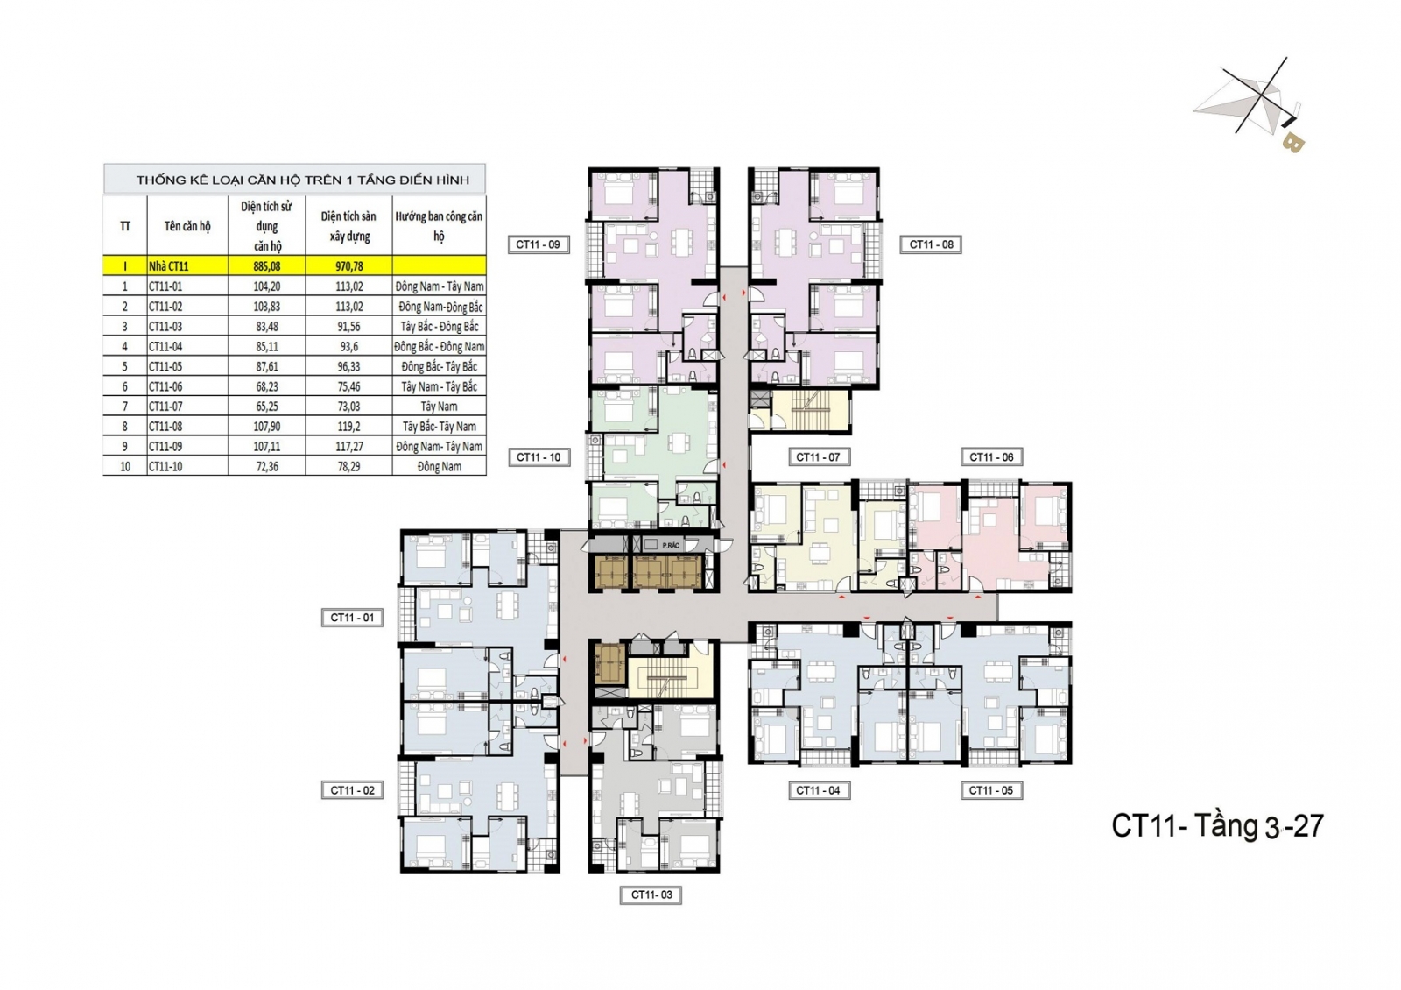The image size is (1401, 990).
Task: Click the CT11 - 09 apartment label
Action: click(x=538, y=244)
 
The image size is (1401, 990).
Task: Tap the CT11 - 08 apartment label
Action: click(x=931, y=244)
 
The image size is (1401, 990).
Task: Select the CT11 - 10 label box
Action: click(x=538, y=457)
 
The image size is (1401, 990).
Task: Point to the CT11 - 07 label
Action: click(x=818, y=457)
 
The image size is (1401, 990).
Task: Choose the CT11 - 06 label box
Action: click(x=991, y=457)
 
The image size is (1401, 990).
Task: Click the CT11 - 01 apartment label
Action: click(x=352, y=618)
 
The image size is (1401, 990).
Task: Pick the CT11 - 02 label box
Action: click(x=352, y=790)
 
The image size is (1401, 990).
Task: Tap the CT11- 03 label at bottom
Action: click(x=651, y=895)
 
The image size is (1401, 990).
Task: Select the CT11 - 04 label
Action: click(x=818, y=790)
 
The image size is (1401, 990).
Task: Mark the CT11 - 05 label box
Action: click(x=991, y=790)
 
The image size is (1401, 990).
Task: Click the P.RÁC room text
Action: click(x=671, y=546)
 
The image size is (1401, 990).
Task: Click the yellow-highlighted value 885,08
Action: click(x=267, y=266)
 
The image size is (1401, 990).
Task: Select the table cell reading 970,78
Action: click(x=349, y=266)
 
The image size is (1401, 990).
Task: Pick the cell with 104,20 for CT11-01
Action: click(x=267, y=286)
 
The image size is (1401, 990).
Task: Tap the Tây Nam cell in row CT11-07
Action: click(x=439, y=407)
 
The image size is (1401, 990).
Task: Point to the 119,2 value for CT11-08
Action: click(x=349, y=426)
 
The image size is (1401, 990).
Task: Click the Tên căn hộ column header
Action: click(x=187, y=226)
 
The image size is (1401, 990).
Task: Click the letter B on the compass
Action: click(x=1292, y=144)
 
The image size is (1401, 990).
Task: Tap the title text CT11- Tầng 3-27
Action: click(x=1217, y=826)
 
